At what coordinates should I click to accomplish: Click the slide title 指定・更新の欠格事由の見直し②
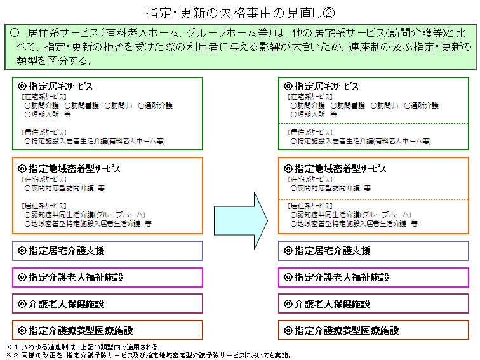point(239,13)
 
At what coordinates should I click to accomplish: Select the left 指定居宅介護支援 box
point(107,251)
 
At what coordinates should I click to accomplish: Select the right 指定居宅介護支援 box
point(373,251)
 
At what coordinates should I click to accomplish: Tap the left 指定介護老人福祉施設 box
point(107,277)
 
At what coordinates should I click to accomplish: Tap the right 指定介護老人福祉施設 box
point(373,277)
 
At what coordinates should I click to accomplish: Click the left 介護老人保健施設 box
point(107,303)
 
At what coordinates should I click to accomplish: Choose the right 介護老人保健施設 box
point(373,303)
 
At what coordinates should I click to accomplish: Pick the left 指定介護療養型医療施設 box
point(107,330)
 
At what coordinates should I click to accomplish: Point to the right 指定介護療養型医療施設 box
point(373,330)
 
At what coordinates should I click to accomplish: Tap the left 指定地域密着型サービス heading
point(70,169)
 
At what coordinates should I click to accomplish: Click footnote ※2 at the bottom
point(152,355)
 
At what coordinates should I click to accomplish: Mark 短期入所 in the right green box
point(308,115)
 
